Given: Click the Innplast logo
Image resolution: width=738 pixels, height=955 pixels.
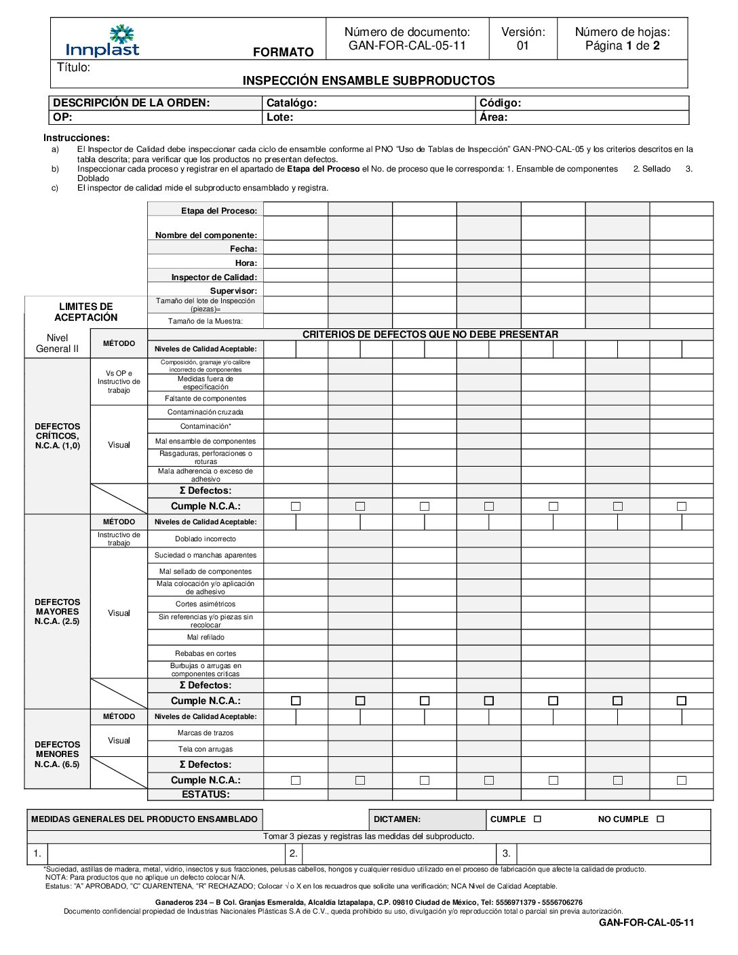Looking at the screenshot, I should pos(102,41).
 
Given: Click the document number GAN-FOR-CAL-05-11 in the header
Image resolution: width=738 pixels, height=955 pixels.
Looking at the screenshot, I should pos(407,46).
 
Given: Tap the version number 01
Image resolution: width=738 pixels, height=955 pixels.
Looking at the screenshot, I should pos(522,46).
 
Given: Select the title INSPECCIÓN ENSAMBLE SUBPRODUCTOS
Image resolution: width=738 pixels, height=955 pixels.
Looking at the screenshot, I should pos(368,81).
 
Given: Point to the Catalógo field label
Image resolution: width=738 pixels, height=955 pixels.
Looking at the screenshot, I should pos(292,103).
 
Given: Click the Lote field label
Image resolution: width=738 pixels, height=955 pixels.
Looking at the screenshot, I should pos(279,117).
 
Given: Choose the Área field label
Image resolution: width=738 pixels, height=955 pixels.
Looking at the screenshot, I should pos(493,117).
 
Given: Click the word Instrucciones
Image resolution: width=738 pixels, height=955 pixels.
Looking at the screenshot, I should pos(77,138).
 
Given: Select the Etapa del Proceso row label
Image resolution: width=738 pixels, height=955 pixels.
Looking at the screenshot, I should pos(218,211).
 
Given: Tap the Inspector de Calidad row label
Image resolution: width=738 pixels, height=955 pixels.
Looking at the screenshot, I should pos(214,277).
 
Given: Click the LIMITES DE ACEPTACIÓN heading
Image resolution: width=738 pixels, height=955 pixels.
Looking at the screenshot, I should pos(86,312).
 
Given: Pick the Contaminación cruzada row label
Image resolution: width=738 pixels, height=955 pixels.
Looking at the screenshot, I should pos(206,412).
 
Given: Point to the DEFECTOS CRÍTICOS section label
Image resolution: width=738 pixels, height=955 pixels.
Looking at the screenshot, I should pos(58,436).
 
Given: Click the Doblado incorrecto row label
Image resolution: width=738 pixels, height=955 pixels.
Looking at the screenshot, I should pos(206,539).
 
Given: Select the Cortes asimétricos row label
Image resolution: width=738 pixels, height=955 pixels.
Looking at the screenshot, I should pos(206,604).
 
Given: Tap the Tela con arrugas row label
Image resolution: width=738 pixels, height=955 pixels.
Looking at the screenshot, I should pos(206,749).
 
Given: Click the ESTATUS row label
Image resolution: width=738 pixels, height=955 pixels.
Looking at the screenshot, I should pos(206,794).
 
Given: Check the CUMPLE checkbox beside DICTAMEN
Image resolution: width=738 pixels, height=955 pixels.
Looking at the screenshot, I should pos(538,819).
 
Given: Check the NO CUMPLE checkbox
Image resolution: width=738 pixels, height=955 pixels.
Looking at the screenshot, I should pos(661,819).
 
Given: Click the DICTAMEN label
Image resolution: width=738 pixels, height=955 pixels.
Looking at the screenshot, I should pos(397,819).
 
